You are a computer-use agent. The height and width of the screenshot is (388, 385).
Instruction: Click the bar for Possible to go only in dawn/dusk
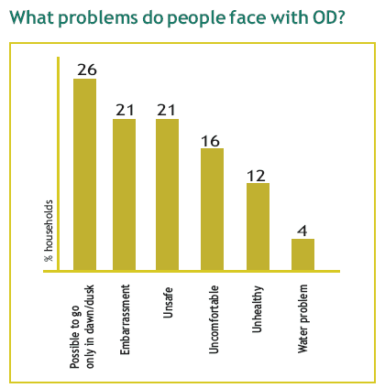85,175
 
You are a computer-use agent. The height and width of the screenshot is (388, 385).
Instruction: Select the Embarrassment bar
125,195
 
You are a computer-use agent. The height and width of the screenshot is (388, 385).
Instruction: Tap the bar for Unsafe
167,195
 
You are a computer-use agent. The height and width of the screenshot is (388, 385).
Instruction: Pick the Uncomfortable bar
212,210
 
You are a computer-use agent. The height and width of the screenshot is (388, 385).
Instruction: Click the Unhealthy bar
258,227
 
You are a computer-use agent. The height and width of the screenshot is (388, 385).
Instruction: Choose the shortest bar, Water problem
302,254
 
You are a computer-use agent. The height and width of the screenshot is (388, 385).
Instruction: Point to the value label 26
87,70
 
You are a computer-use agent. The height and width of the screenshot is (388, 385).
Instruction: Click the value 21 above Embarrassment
125,110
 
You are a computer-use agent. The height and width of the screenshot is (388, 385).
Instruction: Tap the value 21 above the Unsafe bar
166,110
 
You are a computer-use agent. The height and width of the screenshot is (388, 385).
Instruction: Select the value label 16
210,141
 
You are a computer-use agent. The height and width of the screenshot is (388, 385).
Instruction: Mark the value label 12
256,176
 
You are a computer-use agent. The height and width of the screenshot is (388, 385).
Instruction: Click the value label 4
302,231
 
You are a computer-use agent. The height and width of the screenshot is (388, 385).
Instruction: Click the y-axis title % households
49,231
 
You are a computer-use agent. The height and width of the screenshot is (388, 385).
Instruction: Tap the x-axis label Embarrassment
125,319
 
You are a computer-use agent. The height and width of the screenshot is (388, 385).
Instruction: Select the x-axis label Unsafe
168,303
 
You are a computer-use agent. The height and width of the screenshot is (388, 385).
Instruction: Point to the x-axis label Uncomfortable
214,319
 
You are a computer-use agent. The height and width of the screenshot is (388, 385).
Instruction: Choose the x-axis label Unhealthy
258,309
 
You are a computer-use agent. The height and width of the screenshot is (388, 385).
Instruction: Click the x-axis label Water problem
302,318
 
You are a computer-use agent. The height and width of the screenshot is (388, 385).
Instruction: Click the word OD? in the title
328,17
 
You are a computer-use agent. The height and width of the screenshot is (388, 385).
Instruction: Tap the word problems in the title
98,18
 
